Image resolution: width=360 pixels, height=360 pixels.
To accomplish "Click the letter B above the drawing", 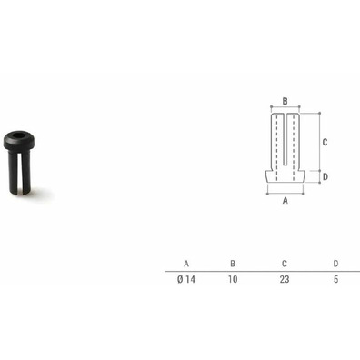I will coord(285,101).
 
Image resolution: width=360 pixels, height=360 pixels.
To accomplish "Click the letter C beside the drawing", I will coord(325,142).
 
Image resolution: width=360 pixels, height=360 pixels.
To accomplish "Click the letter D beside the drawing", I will coord(325,175).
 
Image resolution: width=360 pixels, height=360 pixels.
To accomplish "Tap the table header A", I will coord(186,264).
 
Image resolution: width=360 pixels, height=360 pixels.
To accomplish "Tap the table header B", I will coord(234,264).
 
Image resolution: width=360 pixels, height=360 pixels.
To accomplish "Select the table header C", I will coord(285,264).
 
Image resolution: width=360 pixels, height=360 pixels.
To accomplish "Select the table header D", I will coord(335,264).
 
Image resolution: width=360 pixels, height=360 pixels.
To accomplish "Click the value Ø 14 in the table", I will coord(186,280).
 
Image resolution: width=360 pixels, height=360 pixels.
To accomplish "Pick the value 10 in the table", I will coord(234,280).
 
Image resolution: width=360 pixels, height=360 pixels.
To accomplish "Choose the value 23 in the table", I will coord(285,280).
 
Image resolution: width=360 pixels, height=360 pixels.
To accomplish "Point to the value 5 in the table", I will coord(335,280).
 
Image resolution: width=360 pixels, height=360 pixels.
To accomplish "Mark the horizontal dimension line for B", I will coord(285,109).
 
